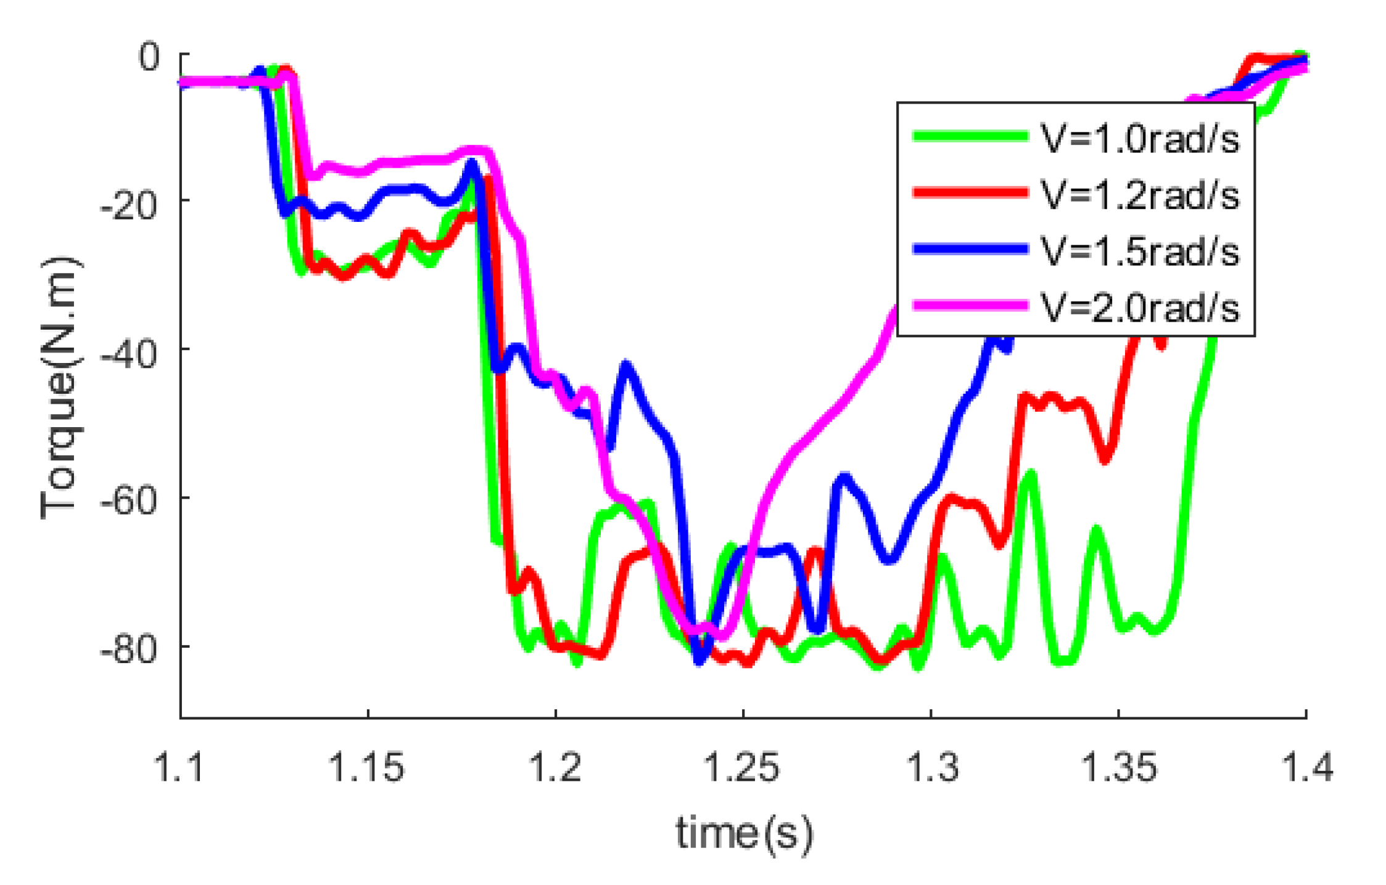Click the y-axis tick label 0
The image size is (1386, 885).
[149, 58]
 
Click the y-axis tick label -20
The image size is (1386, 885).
[129, 205]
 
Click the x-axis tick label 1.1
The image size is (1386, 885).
[179, 767]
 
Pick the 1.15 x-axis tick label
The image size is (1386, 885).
[368, 767]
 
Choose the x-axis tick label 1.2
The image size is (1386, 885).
[556, 767]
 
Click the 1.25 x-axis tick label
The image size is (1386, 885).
[743, 767]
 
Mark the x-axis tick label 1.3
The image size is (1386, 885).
[931, 767]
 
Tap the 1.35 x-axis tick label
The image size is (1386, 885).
[1119, 767]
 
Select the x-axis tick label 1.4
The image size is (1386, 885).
[1306, 767]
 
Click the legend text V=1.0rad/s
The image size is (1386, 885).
[1140, 139]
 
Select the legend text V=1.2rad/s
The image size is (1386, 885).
[1140, 195]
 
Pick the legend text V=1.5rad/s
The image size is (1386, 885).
[1140, 251]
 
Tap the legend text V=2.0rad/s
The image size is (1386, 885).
[1140, 307]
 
